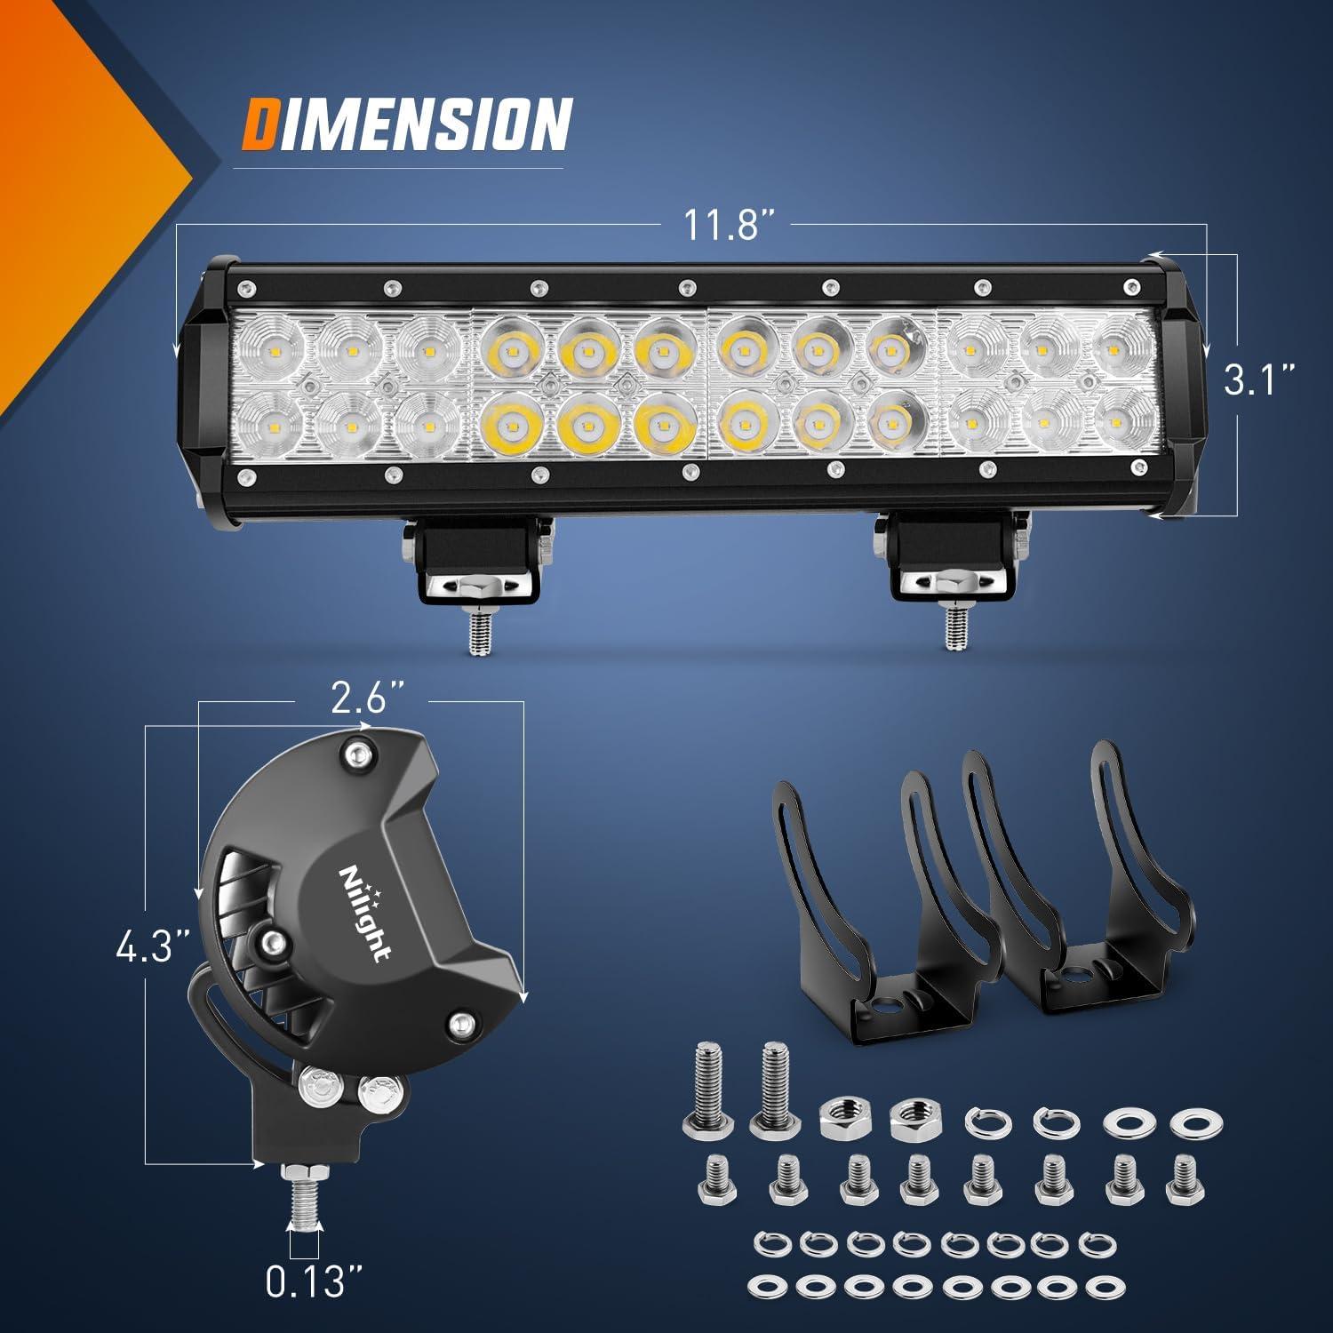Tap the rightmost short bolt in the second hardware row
pos(1181,1178)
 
